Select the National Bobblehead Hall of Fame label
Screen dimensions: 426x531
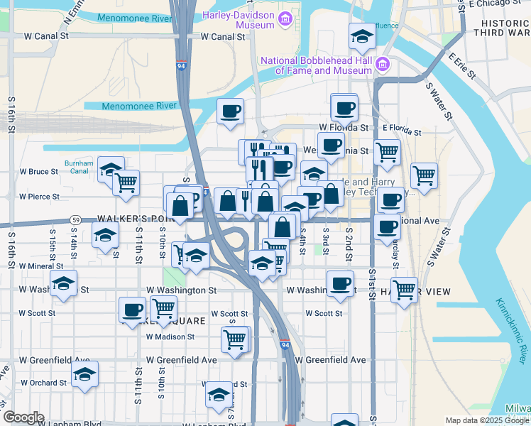pyautogui.click(x=317, y=65)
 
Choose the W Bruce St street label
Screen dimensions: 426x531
pyautogui.click(x=38, y=172)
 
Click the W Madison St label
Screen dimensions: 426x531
pyautogui.click(x=170, y=337)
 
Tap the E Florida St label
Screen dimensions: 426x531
pyautogui.click(x=401, y=131)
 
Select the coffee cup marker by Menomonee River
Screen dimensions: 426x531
pyautogui.click(x=231, y=111)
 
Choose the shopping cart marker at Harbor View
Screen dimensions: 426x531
pyautogui.click(x=403, y=289)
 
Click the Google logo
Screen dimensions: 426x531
pyautogui.click(x=23, y=417)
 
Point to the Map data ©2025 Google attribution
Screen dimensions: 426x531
pyautogui.click(x=487, y=420)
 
